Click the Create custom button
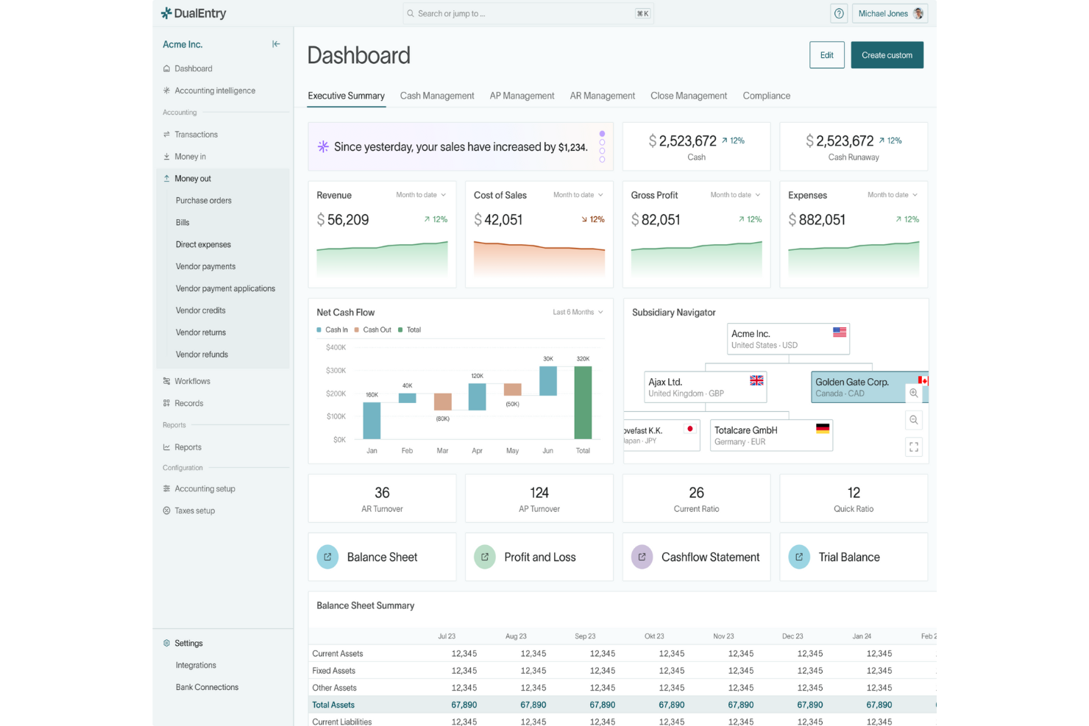[887, 55]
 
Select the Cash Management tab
[436, 96]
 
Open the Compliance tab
[766, 96]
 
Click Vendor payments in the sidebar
[205, 266]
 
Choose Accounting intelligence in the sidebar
[215, 90]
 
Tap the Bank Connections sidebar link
[207, 687]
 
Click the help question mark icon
[839, 13]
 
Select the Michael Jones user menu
[890, 13]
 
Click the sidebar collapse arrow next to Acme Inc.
[276, 44]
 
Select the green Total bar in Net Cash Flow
[583, 402]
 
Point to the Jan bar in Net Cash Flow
[372, 421]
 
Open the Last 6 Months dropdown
[578, 312]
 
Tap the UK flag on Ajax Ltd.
[756, 380]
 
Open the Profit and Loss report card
[539, 557]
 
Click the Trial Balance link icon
[799, 557]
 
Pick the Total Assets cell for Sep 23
[602, 705]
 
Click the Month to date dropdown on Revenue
[421, 195]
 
